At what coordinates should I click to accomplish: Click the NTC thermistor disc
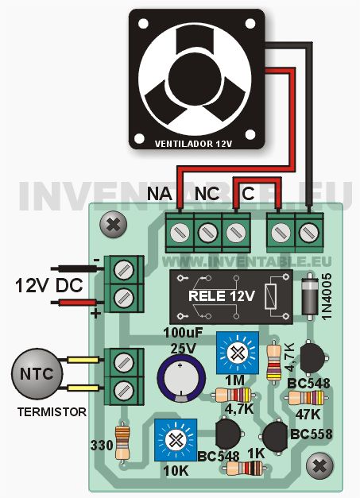(x=37, y=374)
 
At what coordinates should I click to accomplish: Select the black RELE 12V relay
(x=231, y=297)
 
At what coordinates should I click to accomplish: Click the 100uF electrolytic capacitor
(x=181, y=378)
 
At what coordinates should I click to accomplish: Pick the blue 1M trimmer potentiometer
(x=238, y=352)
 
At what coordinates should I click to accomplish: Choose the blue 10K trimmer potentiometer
(x=176, y=440)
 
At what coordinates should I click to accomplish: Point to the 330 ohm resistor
(x=122, y=442)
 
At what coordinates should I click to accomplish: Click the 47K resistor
(x=306, y=398)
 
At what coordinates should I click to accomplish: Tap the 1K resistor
(x=245, y=469)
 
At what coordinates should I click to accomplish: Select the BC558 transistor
(x=275, y=436)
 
